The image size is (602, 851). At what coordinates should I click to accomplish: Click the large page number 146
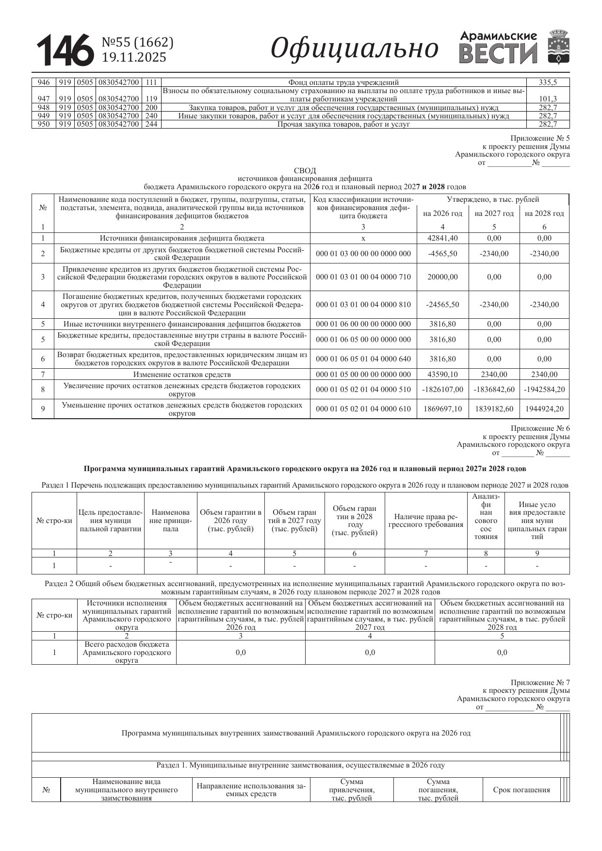coord(65,50)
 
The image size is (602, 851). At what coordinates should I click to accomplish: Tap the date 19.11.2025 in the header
coord(134,58)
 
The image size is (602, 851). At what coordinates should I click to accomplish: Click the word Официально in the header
coord(354,49)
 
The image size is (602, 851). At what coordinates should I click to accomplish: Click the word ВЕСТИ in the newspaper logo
coord(498,54)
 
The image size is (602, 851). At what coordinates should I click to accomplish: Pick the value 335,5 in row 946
coord(548,82)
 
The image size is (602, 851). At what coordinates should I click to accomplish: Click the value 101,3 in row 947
coord(548,99)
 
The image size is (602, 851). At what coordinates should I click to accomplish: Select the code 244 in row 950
coord(151,124)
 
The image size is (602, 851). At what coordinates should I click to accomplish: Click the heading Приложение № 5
coord(540,138)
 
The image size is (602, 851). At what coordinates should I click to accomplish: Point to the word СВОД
coord(305,170)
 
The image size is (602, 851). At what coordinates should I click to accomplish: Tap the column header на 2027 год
coord(494,213)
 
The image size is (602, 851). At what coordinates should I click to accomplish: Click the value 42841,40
coord(442,238)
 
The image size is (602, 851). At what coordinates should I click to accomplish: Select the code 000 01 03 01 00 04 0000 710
coord(363,277)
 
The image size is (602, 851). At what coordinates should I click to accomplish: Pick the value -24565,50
coord(442,305)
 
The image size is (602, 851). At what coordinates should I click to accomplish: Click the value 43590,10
coord(442,375)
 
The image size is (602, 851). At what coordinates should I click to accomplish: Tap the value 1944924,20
coord(544,409)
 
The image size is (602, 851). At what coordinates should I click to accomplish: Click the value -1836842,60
coord(494,390)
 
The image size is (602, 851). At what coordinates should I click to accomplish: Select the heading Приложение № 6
coord(540,428)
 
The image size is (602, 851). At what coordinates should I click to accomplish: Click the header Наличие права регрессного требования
coord(425,521)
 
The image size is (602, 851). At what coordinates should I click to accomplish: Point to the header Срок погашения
coord(521,790)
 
